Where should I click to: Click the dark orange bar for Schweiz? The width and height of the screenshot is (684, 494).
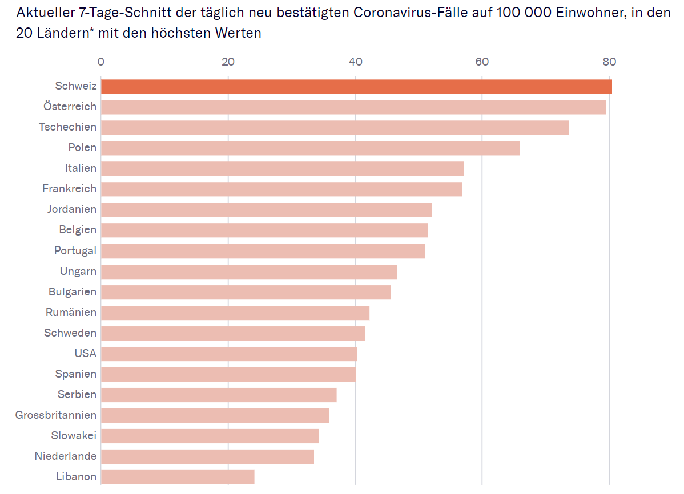click(x=356, y=87)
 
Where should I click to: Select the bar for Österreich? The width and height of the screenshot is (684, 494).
click(x=353, y=107)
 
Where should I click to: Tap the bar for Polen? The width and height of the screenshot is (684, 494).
click(x=310, y=148)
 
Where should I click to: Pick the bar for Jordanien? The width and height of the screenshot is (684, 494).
click(x=267, y=209)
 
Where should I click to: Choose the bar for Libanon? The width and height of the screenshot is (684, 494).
click(x=178, y=476)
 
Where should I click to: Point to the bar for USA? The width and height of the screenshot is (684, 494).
click(x=229, y=354)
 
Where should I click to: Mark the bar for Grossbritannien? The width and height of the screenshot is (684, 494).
click(x=215, y=415)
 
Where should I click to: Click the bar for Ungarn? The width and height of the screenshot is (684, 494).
click(x=249, y=272)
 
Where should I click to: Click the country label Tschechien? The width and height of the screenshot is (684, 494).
click(x=68, y=127)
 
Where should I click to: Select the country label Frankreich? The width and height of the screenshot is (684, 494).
click(x=70, y=188)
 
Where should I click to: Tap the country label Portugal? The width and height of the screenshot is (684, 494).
click(x=75, y=250)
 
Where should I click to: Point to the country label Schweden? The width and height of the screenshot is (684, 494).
click(x=70, y=333)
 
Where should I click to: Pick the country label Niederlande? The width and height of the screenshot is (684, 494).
click(x=66, y=456)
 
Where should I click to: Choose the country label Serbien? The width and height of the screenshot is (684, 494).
click(x=77, y=394)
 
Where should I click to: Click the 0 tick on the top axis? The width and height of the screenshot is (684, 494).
click(x=101, y=62)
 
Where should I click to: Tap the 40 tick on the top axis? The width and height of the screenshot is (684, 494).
click(x=356, y=62)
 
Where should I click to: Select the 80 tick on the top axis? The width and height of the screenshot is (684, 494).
click(x=609, y=62)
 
